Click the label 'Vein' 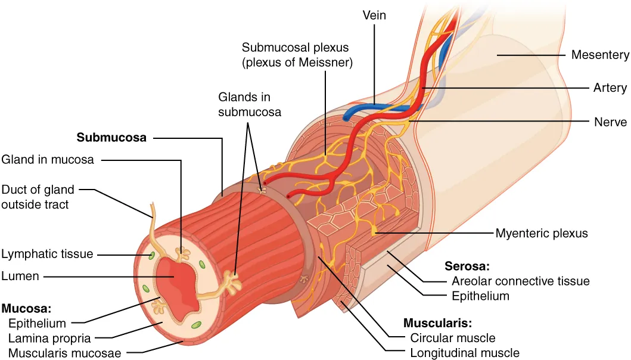pyautogui.click(x=374, y=15)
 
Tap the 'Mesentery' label pyautogui.click(x=599, y=55)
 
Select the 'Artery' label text pyautogui.click(x=610, y=88)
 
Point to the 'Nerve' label pyautogui.click(x=610, y=122)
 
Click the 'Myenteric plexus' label pyautogui.click(x=542, y=233)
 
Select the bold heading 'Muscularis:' pyautogui.click(x=437, y=324)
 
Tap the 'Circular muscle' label pyautogui.click(x=453, y=338)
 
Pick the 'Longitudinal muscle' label pyautogui.click(x=465, y=352)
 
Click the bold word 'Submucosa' pyautogui.click(x=111, y=138)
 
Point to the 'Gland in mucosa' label pyautogui.click(x=47, y=159)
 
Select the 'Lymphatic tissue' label pyautogui.click(x=47, y=254)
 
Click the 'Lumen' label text pyautogui.click(x=20, y=276)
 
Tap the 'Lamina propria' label pyautogui.click(x=49, y=339)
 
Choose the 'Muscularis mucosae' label pyautogui.click(x=65, y=353)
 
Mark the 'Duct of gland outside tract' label pyautogui.click(x=38, y=197)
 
